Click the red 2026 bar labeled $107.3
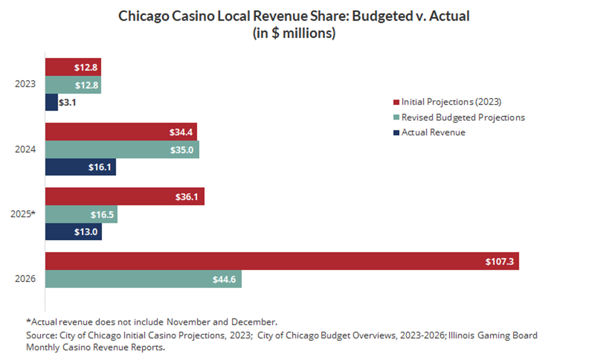pyautogui.click(x=282, y=261)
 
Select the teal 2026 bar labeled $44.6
pyautogui.click(x=144, y=278)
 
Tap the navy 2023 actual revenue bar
pyautogui.click(x=52, y=102)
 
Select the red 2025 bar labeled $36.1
pyautogui.click(x=125, y=196)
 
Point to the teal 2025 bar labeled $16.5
pyautogui.click(x=82, y=214)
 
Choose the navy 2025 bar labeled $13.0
pyautogui.click(x=74, y=231)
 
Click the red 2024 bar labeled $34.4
pyautogui.click(x=121, y=132)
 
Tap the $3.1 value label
pyautogui.click(x=67, y=103)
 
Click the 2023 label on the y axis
pyautogui.click(x=26, y=85)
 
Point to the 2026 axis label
pyautogui.click(x=26, y=278)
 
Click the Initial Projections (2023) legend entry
pyautogui.click(x=450, y=102)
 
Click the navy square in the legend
pyautogui.click(x=396, y=132)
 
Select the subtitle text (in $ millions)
pyautogui.click(x=294, y=34)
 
